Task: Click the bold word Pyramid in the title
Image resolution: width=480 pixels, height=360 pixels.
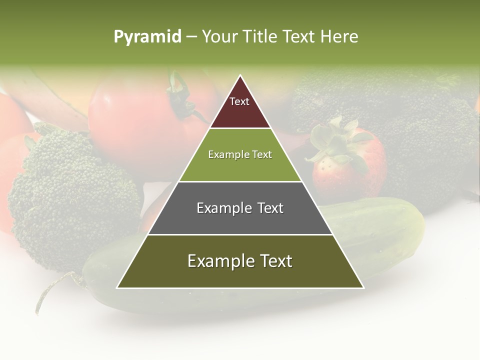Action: click(x=147, y=37)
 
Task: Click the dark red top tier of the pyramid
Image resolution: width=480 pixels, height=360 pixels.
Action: click(x=240, y=112)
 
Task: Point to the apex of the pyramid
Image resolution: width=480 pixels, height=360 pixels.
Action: click(x=240, y=76)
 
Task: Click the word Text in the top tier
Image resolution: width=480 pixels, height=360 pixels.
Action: click(x=239, y=101)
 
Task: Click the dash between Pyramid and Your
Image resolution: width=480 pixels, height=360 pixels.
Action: click(x=191, y=37)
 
